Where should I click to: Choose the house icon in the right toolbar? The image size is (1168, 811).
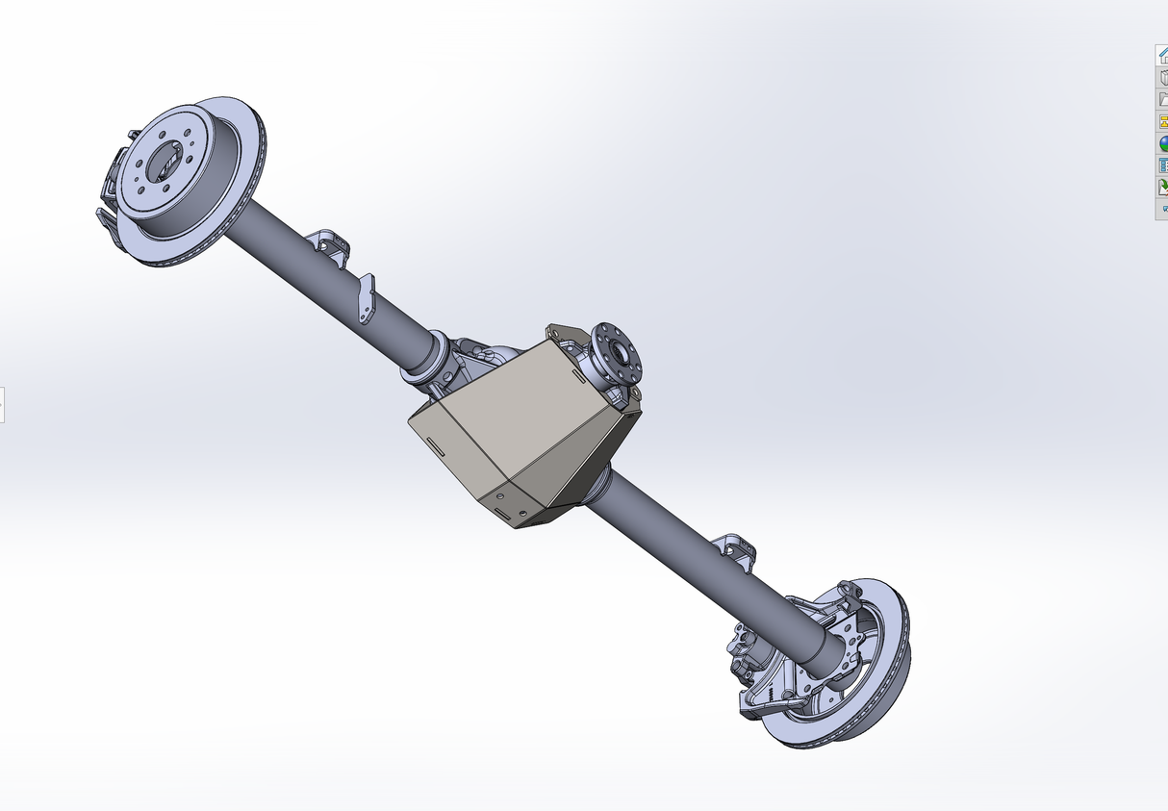(1162, 55)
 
